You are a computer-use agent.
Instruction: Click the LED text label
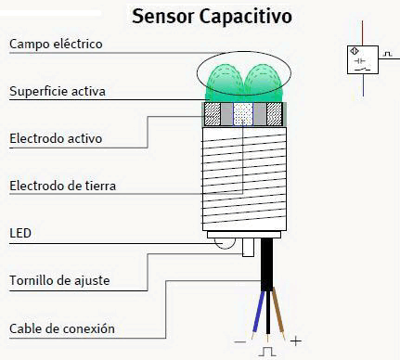(19, 232)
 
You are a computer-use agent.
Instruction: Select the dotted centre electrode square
(244, 114)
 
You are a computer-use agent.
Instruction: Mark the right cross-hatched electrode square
(274, 114)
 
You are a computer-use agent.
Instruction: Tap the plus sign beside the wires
(296, 341)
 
